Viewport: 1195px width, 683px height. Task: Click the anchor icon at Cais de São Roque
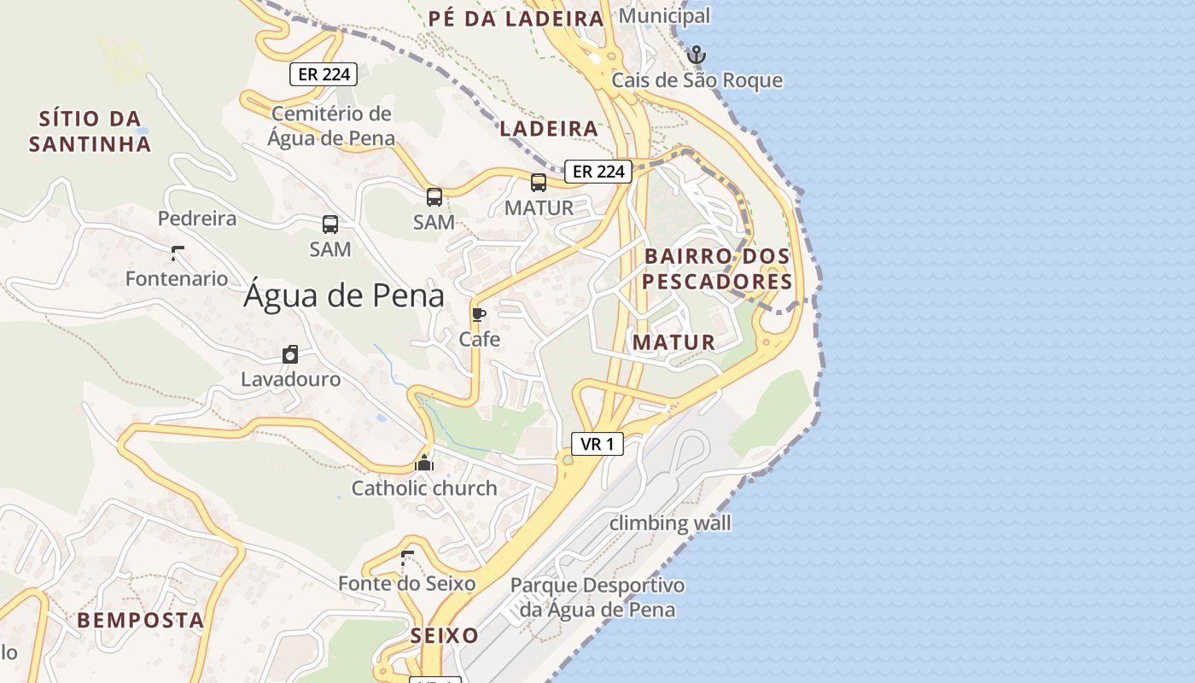[x=697, y=55]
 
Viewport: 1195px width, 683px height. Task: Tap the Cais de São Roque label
[x=697, y=80]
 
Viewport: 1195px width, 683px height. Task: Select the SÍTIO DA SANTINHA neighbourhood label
[x=90, y=131]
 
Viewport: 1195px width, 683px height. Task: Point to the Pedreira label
[x=197, y=219]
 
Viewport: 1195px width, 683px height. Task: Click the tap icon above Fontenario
[x=178, y=253]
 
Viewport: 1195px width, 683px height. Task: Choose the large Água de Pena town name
[x=344, y=296]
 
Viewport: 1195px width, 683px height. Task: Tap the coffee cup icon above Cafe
[x=479, y=315]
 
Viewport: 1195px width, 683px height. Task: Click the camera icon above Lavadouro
[x=290, y=354]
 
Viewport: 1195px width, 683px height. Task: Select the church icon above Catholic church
[x=424, y=464]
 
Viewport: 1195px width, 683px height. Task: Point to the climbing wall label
[x=670, y=522]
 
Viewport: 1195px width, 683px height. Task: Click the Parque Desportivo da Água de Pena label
[x=597, y=598]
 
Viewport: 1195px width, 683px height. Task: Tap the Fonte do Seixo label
[x=406, y=584]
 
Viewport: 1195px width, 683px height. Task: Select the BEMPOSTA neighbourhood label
[x=141, y=621]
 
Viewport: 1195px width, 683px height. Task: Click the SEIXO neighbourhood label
[x=444, y=636]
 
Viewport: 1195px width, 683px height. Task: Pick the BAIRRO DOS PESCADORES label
[x=717, y=269]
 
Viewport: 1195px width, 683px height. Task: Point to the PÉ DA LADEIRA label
[x=516, y=19]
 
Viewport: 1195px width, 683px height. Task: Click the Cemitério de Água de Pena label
[x=331, y=126]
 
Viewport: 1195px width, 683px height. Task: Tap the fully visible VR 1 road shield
[x=597, y=444]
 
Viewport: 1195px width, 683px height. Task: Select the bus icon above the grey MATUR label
[x=539, y=182]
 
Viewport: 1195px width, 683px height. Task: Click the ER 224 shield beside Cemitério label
[x=324, y=74]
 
